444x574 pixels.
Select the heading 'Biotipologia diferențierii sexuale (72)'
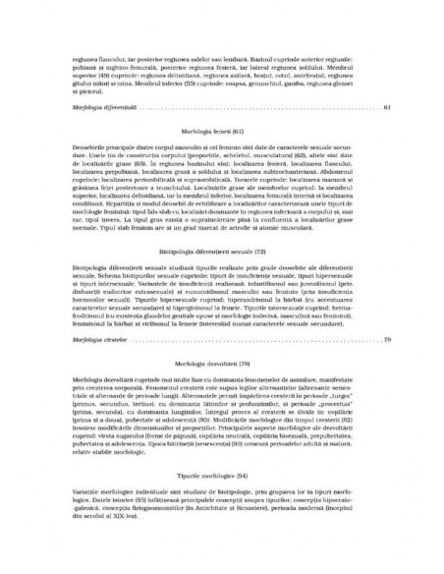click(222, 252)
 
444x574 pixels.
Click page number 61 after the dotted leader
click(389, 107)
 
